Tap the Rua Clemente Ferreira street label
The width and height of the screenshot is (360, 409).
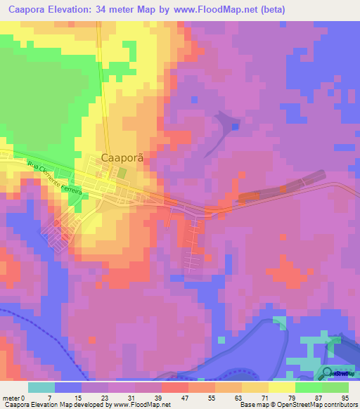pyautogui.click(x=58, y=179)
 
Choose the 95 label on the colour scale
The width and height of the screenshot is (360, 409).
pyautogui.click(x=344, y=398)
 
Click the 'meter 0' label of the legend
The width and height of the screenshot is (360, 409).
pyautogui.click(x=13, y=398)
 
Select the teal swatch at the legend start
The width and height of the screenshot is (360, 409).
pyautogui.click(x=41, y=387)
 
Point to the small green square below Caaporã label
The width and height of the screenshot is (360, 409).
pyautogui.click(x=122, y=172)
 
